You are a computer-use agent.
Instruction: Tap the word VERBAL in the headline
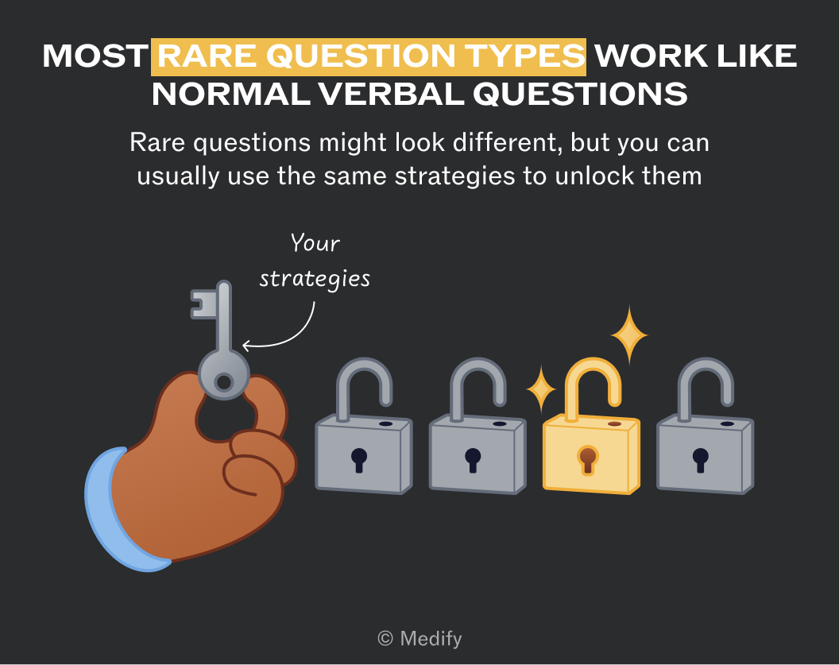[391, 95]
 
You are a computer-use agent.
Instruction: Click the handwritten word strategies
[315, 279]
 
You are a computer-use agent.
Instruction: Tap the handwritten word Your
[315, 243]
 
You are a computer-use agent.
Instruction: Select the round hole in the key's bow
[224, 382]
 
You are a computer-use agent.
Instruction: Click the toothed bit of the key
[203, 304]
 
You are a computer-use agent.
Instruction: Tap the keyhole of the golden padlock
[588, 459]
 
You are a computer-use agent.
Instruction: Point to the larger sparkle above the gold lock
[629, 335]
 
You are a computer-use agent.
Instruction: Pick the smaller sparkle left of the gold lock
[541, 389]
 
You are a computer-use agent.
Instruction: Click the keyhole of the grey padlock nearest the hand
[359, 459]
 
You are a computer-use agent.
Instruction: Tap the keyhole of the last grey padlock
[701, 459]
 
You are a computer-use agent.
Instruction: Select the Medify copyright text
[419, 638]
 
